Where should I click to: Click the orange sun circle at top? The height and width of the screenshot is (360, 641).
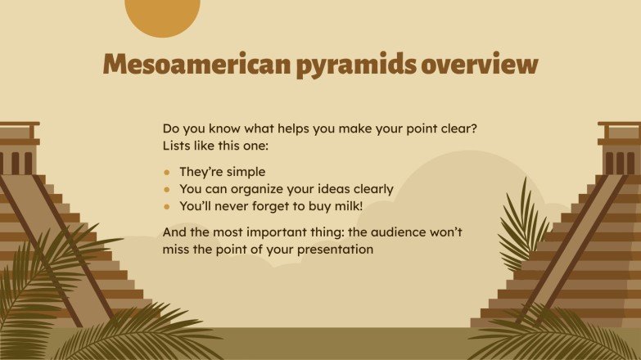(162, 16)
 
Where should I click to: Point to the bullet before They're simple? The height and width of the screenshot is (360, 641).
(167, 173)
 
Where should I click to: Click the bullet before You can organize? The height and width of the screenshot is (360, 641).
(167, 190)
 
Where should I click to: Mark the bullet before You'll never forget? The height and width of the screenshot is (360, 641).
(167, 207)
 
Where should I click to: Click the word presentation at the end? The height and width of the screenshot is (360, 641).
(335, 249)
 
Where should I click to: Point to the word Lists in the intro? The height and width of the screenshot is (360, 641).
(180, 146)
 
